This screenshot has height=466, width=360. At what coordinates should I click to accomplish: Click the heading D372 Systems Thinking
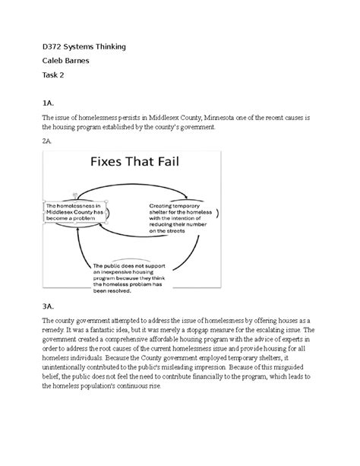pos(84,47)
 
